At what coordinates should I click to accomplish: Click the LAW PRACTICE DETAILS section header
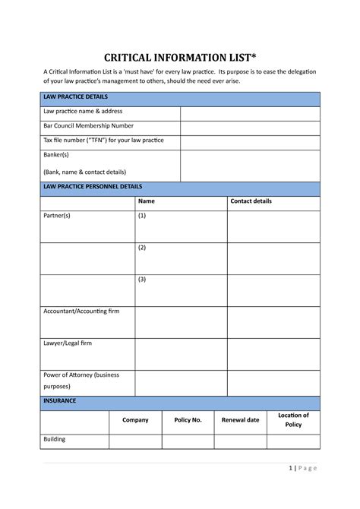[x=75, y=98]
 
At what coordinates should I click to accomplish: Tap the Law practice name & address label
[x=82, y=112]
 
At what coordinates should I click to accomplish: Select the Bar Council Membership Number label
[x=88, y=126]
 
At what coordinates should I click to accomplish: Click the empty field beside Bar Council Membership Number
[x=250, y=127]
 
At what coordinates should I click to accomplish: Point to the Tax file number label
[x=103, y=141]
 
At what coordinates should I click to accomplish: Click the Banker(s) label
[x=58, y=155]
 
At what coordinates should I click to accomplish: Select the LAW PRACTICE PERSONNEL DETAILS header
[x=93, y=187]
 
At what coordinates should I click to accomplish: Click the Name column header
[x=147, y=201]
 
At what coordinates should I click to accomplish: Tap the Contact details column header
[x=251, y=201]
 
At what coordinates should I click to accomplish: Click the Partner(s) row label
[x=57, y=217]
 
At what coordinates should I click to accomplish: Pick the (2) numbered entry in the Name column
[x=142, y=248]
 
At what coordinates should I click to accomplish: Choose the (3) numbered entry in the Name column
[x=142, y=280]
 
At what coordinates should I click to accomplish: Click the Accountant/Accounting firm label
[x=81, y=311]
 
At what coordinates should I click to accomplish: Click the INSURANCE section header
[x=60, y=400]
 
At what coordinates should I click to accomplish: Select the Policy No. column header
[x=188, y=420]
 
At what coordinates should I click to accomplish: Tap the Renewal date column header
[x=240, y=420]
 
